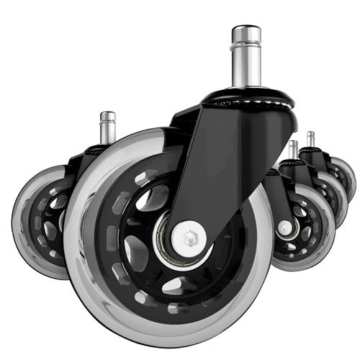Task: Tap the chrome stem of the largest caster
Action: pyautogui.click(x=246, y=65)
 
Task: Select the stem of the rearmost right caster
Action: pyautogui.click(x=310, y=140)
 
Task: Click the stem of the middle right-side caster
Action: pyautogui.click(x=293, y=150)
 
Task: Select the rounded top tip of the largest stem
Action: pyautogui.click(x=246, y=29)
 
